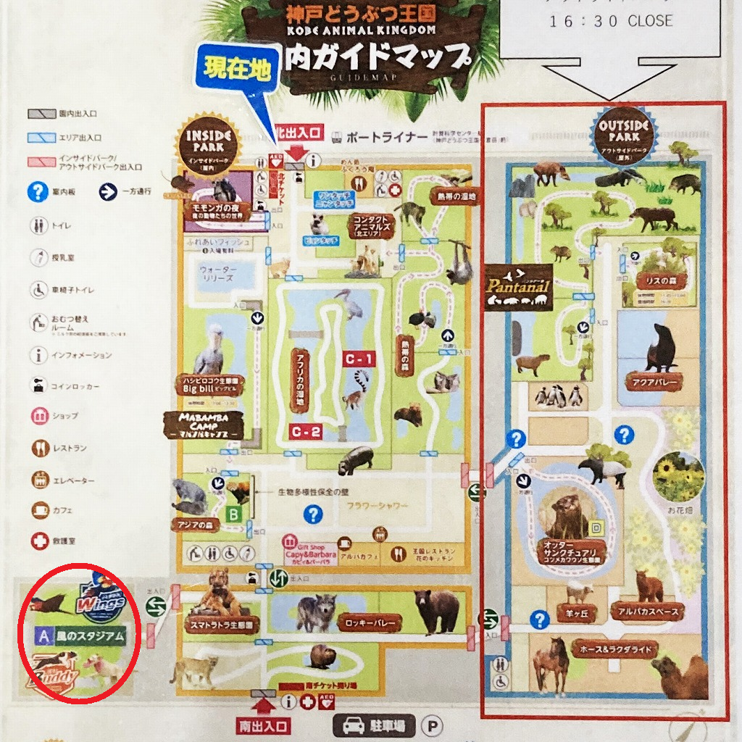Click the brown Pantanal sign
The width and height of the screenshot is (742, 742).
518,285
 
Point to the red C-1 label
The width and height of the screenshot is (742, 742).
359,359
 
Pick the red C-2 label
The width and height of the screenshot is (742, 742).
306,433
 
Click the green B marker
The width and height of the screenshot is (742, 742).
234,514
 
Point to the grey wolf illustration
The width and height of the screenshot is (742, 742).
315,610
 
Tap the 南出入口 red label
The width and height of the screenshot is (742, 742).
263,725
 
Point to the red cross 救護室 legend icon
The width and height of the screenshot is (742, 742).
39,541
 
